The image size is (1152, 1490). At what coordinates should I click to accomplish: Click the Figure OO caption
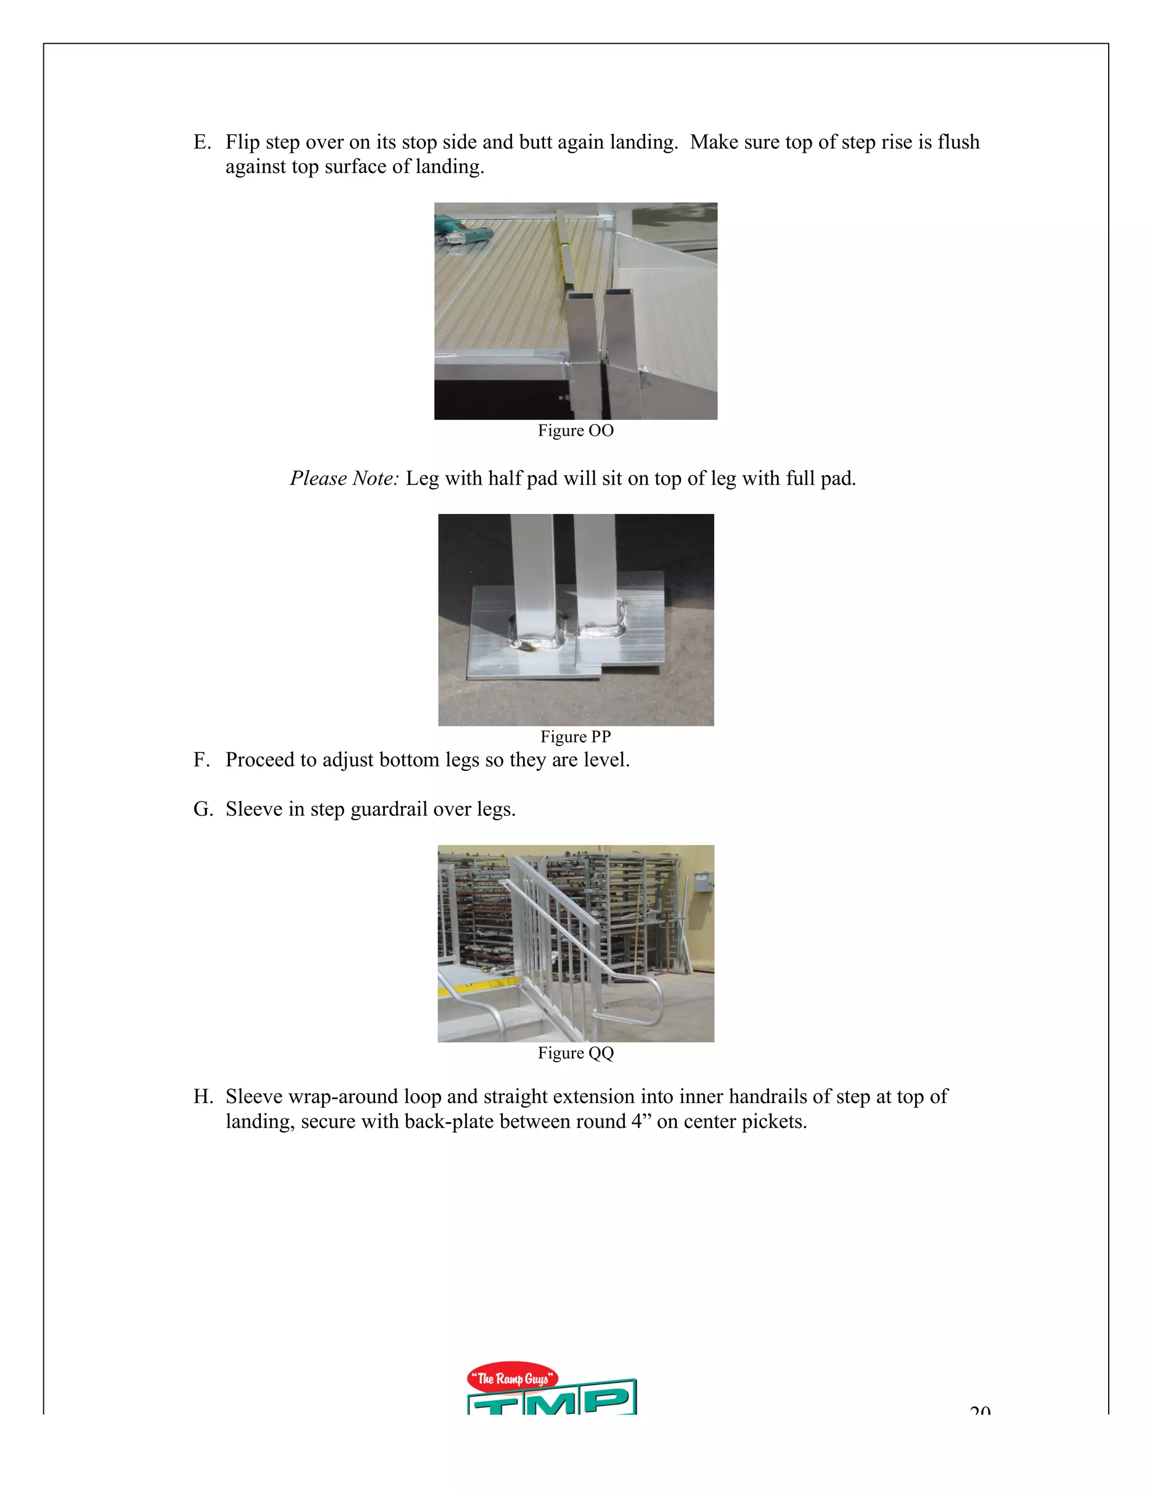[x=575, y=431]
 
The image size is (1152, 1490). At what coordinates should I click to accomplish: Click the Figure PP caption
[x=575, y=737]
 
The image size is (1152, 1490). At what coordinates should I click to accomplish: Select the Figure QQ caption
[x=575, y=1053]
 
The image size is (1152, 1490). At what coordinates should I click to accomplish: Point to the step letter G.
[x=202, y=809]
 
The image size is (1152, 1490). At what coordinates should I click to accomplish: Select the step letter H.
[x=202, y=1097]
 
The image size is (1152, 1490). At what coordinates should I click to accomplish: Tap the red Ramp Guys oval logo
[x=512, y=1379]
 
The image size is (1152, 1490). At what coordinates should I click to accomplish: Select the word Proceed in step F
[x=260, y=760]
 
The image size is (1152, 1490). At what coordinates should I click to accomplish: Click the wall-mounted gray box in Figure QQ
[x=703, y=883]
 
